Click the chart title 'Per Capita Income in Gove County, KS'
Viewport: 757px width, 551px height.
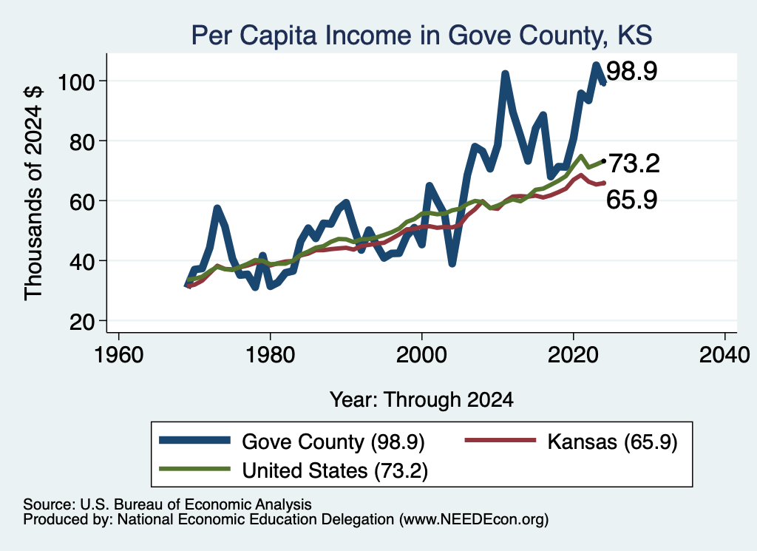(x=421, y=36)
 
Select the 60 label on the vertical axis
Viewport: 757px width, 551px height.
(x=81, y=201)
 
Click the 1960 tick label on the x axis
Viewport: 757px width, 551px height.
(x=119, y=355)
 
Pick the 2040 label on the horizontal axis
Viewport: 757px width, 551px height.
(x=724, y=355)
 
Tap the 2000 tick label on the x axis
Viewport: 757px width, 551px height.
(x=422, y=355)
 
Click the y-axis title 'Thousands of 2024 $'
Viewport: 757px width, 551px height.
(x=33, y=193)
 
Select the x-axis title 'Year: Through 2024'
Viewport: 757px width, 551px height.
(x=421, y=400)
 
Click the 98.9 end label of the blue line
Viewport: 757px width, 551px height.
(x=631, y=72)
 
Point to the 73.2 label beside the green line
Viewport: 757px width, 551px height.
(x=634, y=163)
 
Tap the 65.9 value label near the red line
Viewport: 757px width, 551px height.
(x=631, y=200)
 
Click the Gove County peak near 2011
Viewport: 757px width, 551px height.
(x=505, y=75)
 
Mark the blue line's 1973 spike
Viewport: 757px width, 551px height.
(x=217, y=208)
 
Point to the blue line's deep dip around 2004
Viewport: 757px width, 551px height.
(x=452, y=264)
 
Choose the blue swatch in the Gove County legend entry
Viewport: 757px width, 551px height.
(x=194, y=440)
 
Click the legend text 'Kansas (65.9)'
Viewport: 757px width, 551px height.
(x=612, y=442)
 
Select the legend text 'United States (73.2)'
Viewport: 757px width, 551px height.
(x=335, y=470)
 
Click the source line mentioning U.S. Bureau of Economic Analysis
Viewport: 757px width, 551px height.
(x=167, y=504)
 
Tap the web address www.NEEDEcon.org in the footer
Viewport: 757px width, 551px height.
(x=474, y=520)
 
